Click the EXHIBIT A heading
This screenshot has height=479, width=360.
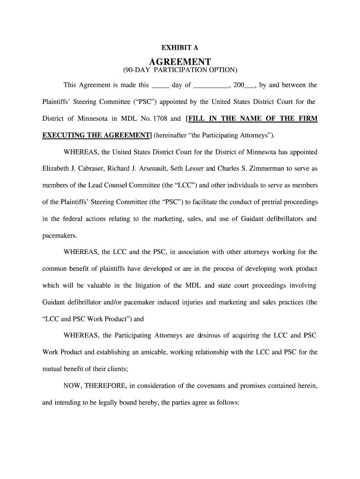pyautogui.click(x=180, y=48)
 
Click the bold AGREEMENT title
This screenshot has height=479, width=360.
pyautogui.click(x=180, y=62)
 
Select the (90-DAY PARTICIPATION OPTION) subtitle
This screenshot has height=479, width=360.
pyautogui.click(x=180, y=70)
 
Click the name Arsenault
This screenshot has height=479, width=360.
pyautogui.click(x=152, y=169)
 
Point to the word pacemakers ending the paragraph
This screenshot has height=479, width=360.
pyautogui.click(x=58, y=236)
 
